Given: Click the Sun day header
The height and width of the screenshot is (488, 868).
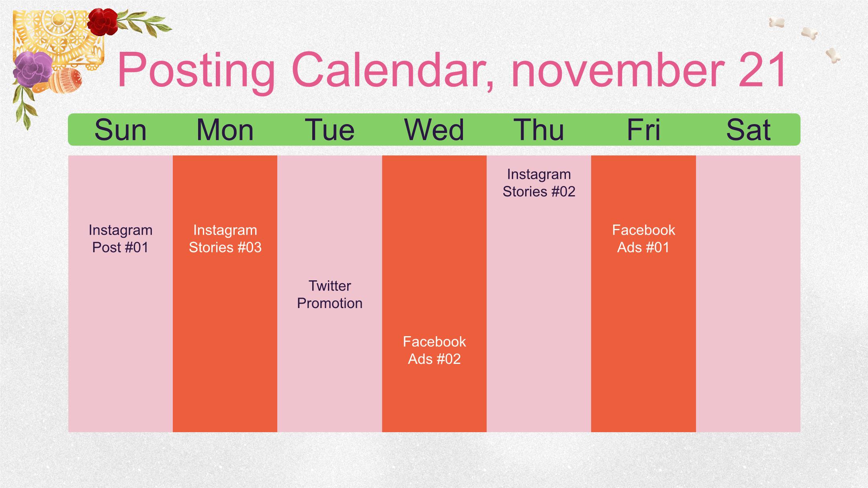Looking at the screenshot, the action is pyautogui.click(x=121, y=130).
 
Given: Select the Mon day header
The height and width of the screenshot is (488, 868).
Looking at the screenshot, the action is pyautogui.click(x=225, y=130).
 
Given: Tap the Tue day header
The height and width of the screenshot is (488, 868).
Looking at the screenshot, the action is pyautogui.click(x=330, y=130).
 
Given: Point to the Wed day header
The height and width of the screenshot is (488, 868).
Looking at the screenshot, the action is pyautogui.click(x=434, y=130).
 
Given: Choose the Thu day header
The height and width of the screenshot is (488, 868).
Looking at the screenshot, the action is pyautogui.click(x=539, y=130).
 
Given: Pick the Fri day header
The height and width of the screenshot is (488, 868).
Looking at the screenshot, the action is pyautogui.click(x=643, y=130).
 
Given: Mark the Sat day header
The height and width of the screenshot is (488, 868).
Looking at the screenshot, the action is pyautogui.click(x=748, y=130).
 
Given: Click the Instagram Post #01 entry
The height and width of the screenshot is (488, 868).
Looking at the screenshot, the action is pyautogui.click(x=121, y=239).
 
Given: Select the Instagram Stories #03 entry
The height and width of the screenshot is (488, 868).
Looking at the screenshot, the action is pyautogui.click(x=225, y=239).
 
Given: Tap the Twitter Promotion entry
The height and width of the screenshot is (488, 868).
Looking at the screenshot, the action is pyautogui.click(x=330, y=294).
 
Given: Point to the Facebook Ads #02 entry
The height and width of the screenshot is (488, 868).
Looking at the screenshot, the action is pyautogui.click(x=434, y=350).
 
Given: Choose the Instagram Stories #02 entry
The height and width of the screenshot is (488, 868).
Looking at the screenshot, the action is pyautogui.click(x=539, y=183).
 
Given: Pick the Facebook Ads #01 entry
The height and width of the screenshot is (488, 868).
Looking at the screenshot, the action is pyautogui.click(x=643, y=239).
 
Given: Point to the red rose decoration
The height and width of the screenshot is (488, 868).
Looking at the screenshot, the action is pyautogui.click(x=102, y=22).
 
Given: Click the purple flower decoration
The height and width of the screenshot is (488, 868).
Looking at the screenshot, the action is pyautogui.click(x=33, y=69).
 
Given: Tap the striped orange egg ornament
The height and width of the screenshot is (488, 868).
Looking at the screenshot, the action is pyautogui.click(x=65, y=80).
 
